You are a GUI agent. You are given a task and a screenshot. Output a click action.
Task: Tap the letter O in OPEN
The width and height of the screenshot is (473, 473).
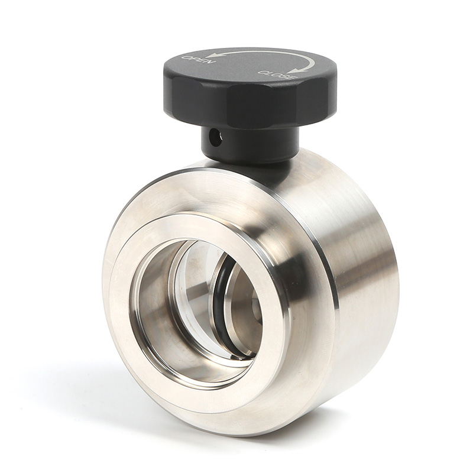point(186,59)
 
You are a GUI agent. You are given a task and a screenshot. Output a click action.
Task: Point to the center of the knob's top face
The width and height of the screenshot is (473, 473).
point(248,68)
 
